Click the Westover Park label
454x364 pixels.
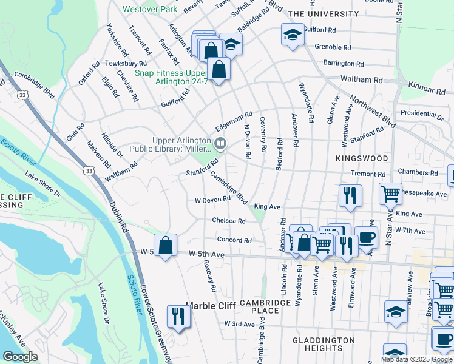pos(149,10)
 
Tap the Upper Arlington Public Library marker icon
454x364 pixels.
pos(221,144)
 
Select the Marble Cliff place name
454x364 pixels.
pos(209,306)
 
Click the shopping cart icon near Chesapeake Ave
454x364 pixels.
pos(390,194)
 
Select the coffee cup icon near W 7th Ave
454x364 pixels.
pos(365,238)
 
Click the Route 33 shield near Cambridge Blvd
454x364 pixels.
pos(22,95)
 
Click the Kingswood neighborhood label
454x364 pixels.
pos(361,158)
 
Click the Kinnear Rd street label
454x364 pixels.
pos(427,89)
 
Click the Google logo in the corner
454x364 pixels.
pos(20,357)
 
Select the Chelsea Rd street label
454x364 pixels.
pos(229,220)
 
